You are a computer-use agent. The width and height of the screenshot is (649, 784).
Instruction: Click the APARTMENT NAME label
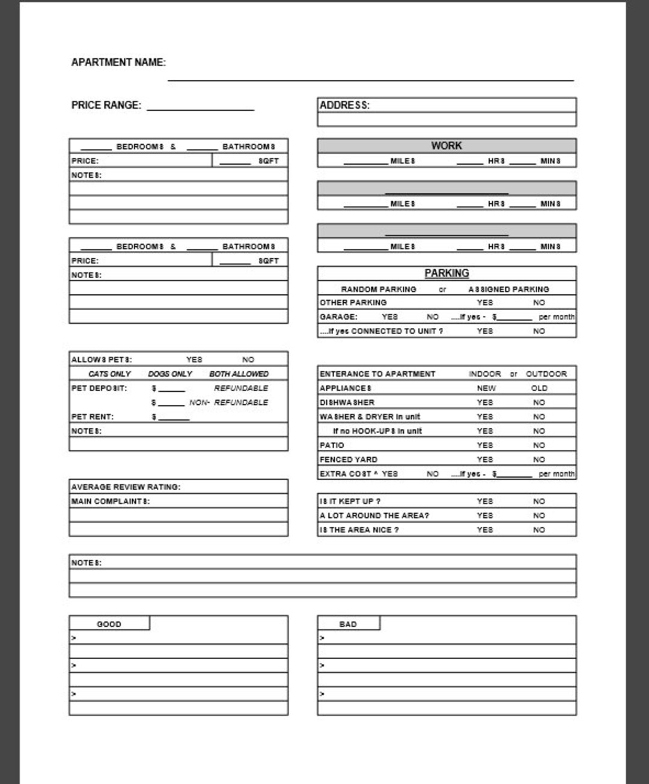point(118,62)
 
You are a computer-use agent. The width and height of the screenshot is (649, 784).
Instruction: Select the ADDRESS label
point(344,105)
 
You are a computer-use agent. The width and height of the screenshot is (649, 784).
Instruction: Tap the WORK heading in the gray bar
point(446,146)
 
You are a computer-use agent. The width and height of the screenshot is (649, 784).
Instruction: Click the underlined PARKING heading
point(446,273)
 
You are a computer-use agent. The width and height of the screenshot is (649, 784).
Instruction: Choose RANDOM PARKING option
point(379,289)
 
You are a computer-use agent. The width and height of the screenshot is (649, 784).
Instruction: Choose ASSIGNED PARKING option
point(508,289)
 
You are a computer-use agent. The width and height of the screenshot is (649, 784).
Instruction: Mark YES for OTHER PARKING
point(484,303)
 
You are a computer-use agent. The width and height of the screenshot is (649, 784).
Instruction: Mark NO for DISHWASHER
point(539,403)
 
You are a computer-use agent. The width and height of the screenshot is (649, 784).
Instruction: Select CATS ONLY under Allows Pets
point(109,374)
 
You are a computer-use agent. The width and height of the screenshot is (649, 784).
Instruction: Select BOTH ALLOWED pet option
point(239,374)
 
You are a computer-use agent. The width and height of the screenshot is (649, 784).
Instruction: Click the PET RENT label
point(93,416)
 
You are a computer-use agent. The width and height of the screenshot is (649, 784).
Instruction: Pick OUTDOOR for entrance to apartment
point(546,374)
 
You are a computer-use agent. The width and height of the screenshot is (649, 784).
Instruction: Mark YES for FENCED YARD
point(484,460)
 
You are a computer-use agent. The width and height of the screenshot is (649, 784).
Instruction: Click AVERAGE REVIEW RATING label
point(126,487)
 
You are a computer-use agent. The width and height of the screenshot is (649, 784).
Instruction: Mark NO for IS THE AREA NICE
point(539,530)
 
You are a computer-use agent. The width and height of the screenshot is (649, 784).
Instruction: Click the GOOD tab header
point(109,624)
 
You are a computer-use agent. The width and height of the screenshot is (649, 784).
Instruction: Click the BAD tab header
point(348,624)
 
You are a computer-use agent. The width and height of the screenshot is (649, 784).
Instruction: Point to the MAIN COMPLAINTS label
point(111,501)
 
